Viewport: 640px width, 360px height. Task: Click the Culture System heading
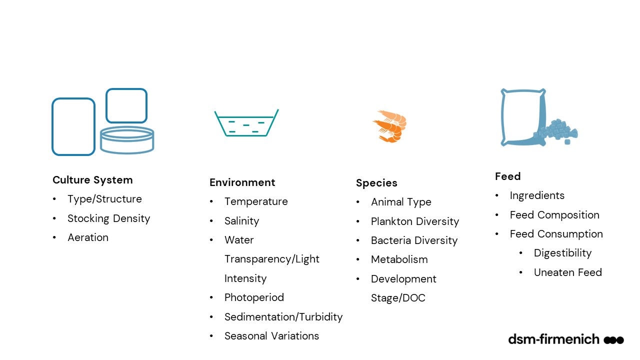[92, 180]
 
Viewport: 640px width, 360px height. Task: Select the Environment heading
[242, 182]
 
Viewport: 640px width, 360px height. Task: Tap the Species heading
[376, 183]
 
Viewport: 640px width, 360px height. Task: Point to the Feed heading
[507, 176]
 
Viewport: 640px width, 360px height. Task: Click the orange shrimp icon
[390, 126]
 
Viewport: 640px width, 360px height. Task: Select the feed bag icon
[539, 117]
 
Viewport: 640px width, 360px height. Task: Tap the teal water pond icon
[246, 123]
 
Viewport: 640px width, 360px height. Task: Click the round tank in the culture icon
[127, 140]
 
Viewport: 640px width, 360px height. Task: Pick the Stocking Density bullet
[108, 218]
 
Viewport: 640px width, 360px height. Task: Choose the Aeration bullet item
[88, 237]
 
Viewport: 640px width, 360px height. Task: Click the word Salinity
[241, 221]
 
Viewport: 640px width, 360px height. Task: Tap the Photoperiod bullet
[254, 297]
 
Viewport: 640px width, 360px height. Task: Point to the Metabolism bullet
[399, 259]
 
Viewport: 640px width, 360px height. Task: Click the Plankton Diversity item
[415, 221]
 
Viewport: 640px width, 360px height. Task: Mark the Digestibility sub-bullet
[562, 253]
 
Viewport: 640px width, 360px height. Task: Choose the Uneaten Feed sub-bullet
[567, 272]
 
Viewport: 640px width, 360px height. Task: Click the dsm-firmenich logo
[566, 339]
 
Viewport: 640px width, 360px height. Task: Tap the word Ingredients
[537, 195]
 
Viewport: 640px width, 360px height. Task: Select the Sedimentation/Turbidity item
[283, 317]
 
